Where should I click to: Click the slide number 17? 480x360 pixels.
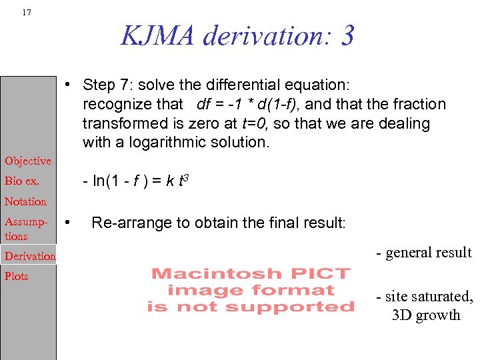[x=26, y=12]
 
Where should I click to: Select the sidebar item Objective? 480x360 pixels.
[x=28, y=161]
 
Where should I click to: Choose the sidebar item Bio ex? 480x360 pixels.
[x=22, y=181]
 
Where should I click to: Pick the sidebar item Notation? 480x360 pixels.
[x=25, y=201]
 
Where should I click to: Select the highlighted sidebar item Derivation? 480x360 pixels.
[x=30, y=256]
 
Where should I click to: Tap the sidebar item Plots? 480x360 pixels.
[x=17, y=276]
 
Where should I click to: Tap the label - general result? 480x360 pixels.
[x=423, y=253]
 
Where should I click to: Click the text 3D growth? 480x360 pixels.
[x=426, y=315]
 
